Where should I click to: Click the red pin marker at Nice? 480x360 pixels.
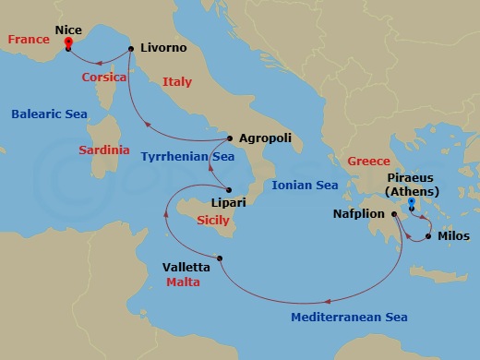[x=68, y=43]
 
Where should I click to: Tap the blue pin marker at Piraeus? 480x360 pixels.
[x=411, y=206]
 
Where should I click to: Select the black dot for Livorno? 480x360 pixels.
[x=131, y=48]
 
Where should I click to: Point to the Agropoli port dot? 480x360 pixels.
[x=229, y=138]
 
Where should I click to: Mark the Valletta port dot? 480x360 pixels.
[x=221, y=258]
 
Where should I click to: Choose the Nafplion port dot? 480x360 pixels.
[x=394, y=215]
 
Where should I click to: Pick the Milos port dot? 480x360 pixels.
[x=428, y=235]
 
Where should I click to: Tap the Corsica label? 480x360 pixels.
[x=104, y=78]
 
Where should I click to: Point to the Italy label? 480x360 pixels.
[x=177, y=82]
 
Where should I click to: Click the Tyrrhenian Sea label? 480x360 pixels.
[x=187, y=158]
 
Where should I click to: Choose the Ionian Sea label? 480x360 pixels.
[x=306, y=186]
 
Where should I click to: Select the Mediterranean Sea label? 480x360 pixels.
[x=349, y=318]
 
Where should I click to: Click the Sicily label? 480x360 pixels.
[x=213, y=221]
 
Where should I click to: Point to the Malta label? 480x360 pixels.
[x=183, y=282]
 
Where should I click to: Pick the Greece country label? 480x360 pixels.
[x=368, y=162]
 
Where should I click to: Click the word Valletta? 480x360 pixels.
[x=186, y=268]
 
